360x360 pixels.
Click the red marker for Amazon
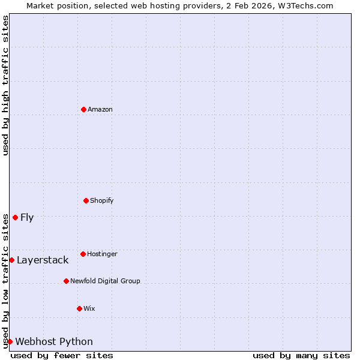pos(83,109)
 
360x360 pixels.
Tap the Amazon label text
pos(100,109)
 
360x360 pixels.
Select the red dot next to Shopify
pos(86,200)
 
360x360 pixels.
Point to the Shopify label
pos(101,200)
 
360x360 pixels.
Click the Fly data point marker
pos(15,217)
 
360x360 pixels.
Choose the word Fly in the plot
pos(27,217)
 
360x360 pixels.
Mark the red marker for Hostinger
pos(83,254)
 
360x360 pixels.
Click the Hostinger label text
pos(102,254)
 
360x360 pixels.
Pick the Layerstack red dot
pos(11,260)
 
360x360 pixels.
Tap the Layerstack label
pos(43,260)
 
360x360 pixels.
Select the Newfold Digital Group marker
pos(66,281)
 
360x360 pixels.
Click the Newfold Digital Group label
pos(105,281)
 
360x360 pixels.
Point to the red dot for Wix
pos(79,308)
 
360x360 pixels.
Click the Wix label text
pos(89,308)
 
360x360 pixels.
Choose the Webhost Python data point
pos(10,341)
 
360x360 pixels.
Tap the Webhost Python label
pos(54,341)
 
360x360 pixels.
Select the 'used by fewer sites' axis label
pos(62,355)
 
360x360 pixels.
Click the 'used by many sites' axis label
pos(301,355)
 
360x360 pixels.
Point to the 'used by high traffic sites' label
pos(5,85)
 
